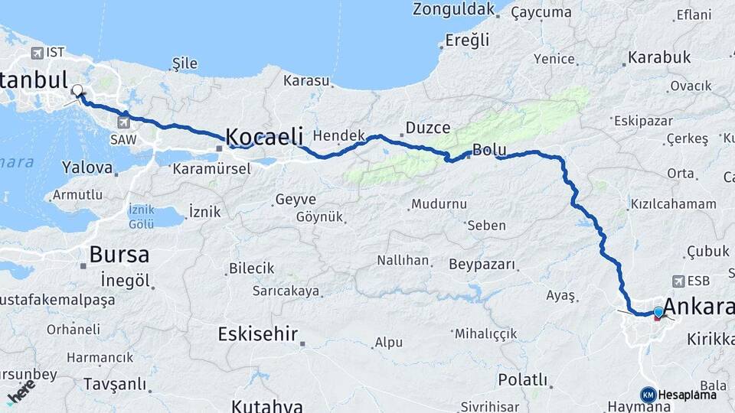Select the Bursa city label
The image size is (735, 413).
tap(119, 255)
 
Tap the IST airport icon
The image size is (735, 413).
tap(37, 53)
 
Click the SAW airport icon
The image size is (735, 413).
tap(124, 122)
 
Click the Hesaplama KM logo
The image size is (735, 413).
tap(648, 395)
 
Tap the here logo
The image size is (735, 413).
tap(20, 391)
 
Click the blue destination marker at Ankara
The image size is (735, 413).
tap(658, 312)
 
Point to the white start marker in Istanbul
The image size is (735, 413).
tap(77, 91)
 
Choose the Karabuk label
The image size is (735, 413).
tap(659, 57)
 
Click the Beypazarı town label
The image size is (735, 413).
tap(482, 265)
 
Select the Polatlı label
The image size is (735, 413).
tap(523, 379)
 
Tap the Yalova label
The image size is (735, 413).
tap(87, 167)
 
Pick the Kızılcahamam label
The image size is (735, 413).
tap(673, 204)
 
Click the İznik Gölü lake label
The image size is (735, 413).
tap(142, 216)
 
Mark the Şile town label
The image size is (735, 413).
tap(185, 63)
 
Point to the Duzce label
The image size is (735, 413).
tap(427, 128)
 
